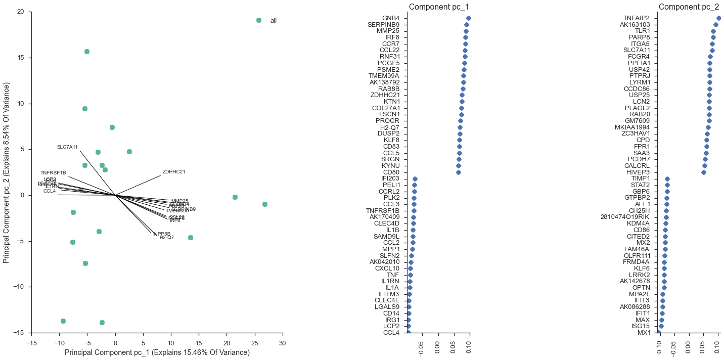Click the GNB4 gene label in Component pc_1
click(390, 18)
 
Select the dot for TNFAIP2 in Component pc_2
click(718, 18)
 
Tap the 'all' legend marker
click(259, 20)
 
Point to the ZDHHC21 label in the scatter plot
click(174, 172)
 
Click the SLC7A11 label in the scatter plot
click(67, 147)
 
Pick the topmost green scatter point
click(87, 52)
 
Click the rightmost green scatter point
click(265, 204)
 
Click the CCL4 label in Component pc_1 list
click(391, 333)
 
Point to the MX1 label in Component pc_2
click(644, 333)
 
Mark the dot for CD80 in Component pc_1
click(459, 172)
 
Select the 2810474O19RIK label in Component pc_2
click(629, 217)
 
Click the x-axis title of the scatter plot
click(157, 352)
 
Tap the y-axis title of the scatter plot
click(7, 172)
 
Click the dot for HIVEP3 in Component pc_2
click(703, 172)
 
